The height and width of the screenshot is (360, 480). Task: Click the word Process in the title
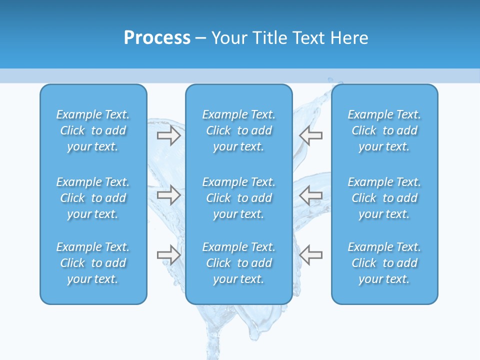157,37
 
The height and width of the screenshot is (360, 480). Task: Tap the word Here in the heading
349,37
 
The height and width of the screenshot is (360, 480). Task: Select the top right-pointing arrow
168,135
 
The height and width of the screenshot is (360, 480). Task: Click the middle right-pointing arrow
168,195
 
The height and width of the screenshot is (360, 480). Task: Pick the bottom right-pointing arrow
168,255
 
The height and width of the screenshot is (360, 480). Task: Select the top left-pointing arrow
311,135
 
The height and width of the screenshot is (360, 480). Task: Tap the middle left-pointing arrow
311,195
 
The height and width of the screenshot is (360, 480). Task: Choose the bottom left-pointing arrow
311,255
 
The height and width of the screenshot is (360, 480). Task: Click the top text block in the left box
93,130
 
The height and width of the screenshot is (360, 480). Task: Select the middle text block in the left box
93,198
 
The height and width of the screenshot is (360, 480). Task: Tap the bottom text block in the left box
93,263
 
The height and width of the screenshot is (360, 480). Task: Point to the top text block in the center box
239,130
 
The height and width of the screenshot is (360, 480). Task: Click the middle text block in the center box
239,198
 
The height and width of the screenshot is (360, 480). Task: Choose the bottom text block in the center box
239,263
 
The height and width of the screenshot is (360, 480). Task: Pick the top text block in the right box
384,130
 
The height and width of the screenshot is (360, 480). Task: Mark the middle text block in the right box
384,198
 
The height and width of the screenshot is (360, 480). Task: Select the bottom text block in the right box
384,263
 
